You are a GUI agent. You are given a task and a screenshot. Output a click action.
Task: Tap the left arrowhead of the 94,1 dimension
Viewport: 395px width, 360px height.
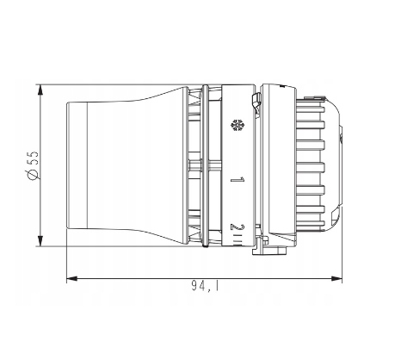coord(71,278)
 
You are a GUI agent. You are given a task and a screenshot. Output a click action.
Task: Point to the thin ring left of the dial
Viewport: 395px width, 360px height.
coord(205,164)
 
